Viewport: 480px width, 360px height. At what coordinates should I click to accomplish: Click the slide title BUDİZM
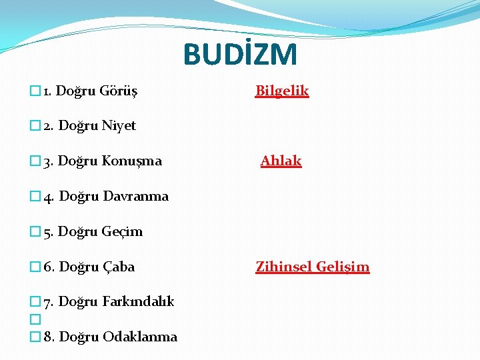[240, 55]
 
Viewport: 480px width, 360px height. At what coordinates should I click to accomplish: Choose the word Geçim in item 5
[122, 231]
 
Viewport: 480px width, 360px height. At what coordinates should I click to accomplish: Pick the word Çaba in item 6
[119, 267]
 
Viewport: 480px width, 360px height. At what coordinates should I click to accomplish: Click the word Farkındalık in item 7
[138, 301]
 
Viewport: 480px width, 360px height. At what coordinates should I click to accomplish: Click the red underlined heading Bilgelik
[282, 91]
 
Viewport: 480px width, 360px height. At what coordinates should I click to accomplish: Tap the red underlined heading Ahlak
[281, 161]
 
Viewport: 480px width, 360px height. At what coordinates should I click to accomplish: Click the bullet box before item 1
[35, 91]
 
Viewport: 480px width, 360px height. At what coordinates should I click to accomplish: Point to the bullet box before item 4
[35, 197]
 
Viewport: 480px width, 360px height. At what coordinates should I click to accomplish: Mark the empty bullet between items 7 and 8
[35, 319]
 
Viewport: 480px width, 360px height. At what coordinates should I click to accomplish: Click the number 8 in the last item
[48, 337]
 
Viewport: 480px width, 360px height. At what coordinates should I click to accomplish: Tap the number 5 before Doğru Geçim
[47, 231]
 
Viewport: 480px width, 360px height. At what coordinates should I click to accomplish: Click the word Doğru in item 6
[79, 267]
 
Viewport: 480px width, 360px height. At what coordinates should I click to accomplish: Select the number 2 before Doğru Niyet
[47, 125]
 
